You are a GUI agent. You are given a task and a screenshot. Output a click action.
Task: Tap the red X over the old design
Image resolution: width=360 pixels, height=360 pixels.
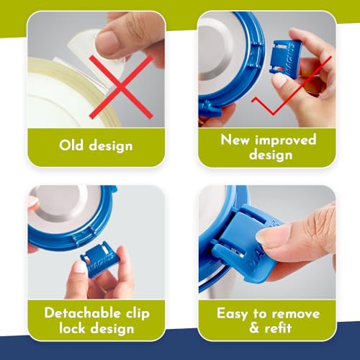(121, 87)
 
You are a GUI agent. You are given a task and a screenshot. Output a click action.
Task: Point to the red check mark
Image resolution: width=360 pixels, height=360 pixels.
(292, 86)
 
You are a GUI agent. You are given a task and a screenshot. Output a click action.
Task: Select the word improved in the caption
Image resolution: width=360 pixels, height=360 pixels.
(286, 140)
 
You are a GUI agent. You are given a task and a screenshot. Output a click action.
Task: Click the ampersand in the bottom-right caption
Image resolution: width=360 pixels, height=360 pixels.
(254, 328)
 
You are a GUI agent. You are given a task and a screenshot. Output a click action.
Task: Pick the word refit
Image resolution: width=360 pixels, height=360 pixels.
(278, 328)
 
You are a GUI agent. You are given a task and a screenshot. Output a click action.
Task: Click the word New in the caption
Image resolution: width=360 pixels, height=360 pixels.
(235, 140)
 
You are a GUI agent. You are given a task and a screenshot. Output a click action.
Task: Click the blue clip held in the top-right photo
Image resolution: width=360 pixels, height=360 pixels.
(285, 57)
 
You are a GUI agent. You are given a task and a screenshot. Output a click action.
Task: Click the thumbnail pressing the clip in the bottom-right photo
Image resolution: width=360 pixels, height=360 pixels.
(271, 233)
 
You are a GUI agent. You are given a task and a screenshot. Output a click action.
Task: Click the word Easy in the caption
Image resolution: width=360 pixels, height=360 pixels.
(232, 313)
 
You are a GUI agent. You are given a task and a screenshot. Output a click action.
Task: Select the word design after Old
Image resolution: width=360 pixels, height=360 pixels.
(111, 146)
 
